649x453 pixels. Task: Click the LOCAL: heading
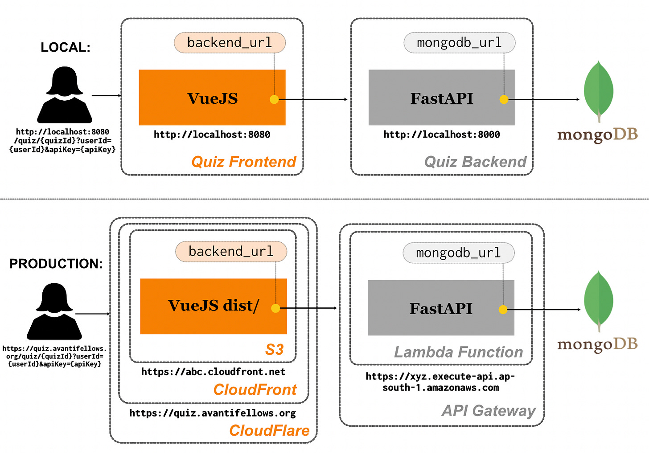65,47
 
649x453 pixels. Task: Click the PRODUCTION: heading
56,264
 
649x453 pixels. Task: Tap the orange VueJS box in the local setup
212,98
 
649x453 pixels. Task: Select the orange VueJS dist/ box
213,306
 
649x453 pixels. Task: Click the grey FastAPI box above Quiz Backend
442,98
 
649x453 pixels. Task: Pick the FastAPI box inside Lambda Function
441,308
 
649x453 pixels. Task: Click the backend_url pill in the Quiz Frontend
230,43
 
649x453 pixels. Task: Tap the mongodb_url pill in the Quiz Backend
459,43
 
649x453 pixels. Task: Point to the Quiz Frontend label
244,162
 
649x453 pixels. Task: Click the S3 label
274,350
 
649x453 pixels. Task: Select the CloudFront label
255,390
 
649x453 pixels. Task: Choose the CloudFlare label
269,431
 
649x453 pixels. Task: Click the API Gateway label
489,411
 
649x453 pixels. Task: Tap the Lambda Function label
458,352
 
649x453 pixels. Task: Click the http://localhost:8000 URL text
442,135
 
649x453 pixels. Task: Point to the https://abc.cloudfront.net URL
213,372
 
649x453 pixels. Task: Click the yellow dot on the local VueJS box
274,99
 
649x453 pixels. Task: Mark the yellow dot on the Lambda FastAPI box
503,310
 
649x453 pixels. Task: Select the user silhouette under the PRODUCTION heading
54,311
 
